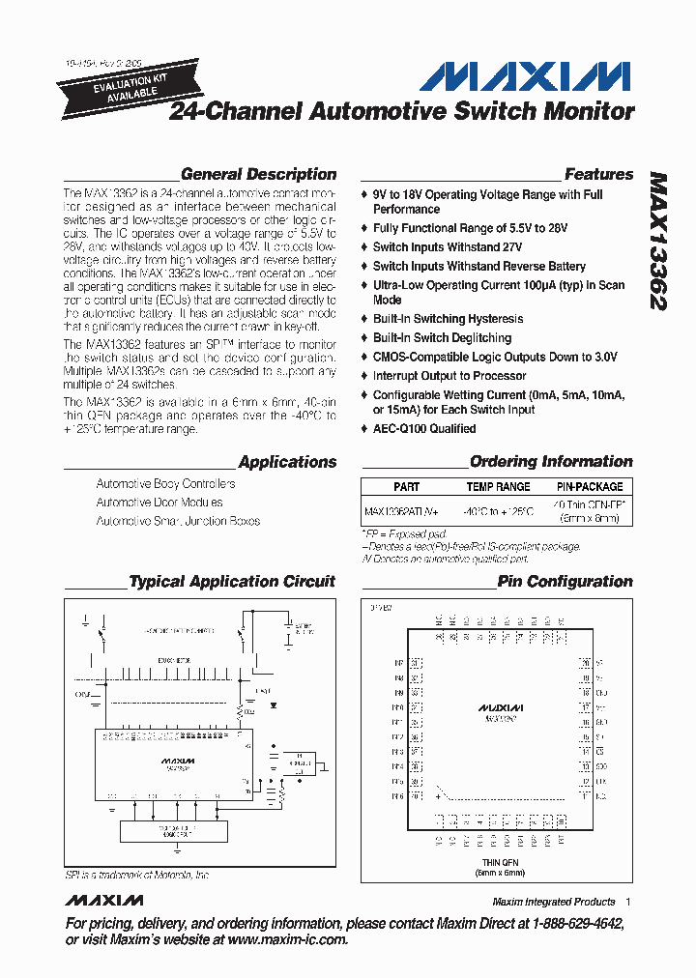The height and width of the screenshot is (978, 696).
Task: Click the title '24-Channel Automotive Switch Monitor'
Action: (x=402, y=112)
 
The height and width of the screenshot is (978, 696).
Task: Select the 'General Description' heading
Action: (x=258, y=175)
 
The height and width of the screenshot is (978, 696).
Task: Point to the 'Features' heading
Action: (x=598, y=175)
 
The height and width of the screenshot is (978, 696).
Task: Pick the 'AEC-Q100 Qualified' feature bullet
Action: (x=424, y=429)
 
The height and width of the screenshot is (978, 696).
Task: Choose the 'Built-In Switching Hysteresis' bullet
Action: (x=448, y=319)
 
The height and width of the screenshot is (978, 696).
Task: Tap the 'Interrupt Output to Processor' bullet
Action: (x=449, y=376)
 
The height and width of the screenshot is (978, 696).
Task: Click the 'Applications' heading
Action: (x=287, y=462)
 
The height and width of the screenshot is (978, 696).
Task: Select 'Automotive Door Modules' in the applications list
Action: (x=159, y=503)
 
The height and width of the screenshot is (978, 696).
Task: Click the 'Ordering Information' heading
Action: (x=551, y=462)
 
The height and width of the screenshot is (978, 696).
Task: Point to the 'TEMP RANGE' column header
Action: (x=498, y=487)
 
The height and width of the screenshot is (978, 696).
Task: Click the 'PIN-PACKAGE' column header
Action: (x=590, y=487)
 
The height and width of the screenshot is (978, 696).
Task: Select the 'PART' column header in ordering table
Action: (x=406, y=487)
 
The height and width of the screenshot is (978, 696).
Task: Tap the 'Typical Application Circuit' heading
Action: (x=232, y=582)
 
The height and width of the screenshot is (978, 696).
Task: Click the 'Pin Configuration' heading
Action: (x=565, y=582)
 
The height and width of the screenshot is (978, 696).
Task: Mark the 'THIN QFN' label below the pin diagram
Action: (x=500, y=862)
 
